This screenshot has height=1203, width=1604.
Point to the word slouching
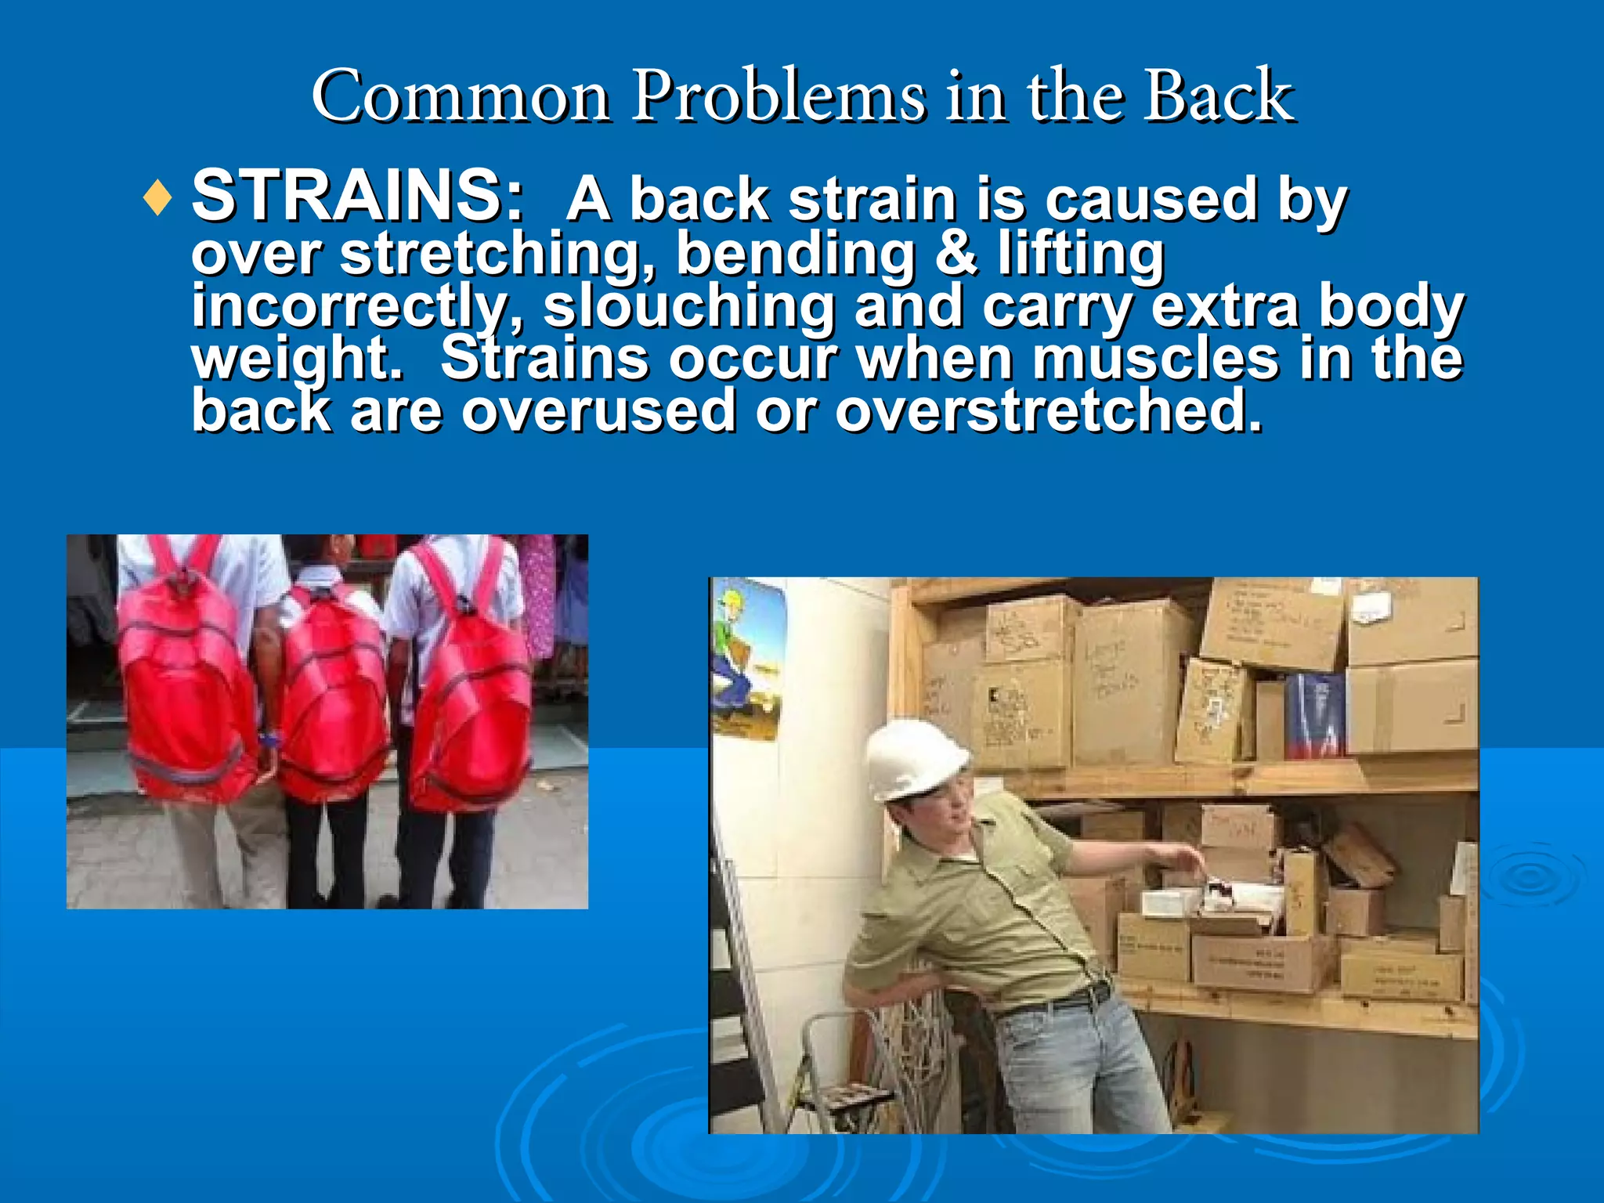click(689, 306)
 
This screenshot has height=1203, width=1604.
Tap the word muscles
click(1156, 359)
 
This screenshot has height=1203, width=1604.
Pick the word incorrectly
click(357, 306)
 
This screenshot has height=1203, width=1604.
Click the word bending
click(796, 254)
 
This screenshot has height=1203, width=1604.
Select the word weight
click(298, 359)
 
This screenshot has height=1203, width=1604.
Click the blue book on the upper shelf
click(1316, 717)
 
